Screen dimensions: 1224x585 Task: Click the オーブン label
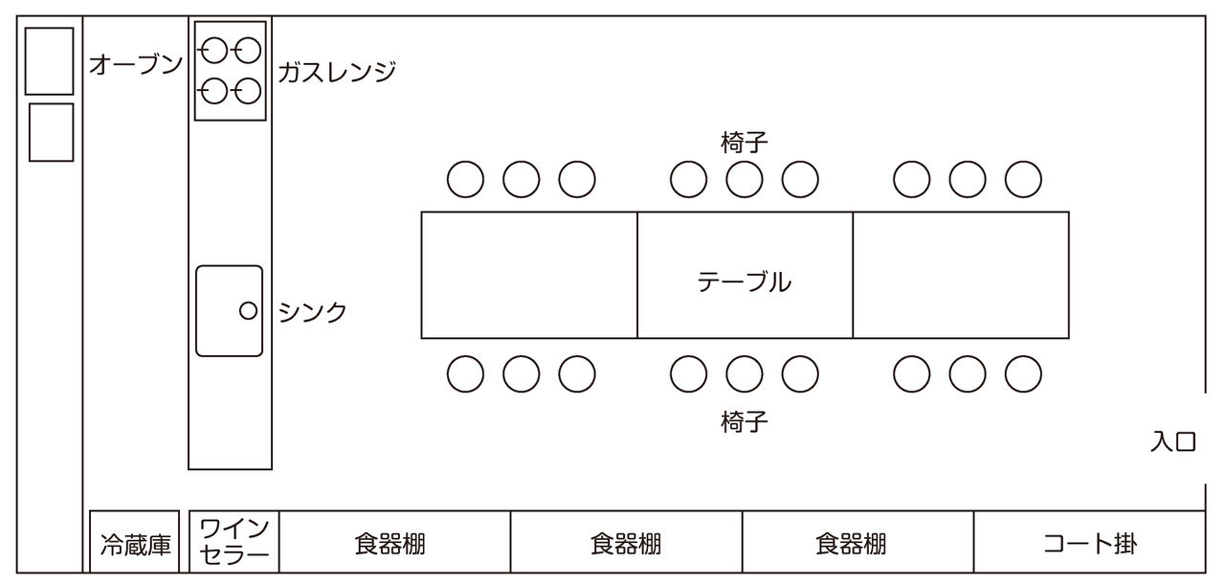(136, 64)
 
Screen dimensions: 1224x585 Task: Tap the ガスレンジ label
(337, 72)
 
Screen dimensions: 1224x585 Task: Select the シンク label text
(313, 312)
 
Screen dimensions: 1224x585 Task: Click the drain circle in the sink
(248, 310)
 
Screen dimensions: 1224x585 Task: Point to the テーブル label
(745, 281)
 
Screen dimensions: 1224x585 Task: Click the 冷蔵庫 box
(134, 541)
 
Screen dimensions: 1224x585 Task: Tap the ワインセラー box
(234, 541)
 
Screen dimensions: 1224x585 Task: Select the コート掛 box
(1090, 541)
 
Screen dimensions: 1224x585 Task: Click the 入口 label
(1173, 441)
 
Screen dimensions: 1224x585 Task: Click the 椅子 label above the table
(745, 143)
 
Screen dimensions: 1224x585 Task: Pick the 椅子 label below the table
(745, 421)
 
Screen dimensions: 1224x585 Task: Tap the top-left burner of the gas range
(213, 51)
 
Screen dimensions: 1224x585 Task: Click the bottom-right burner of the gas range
(248, 90)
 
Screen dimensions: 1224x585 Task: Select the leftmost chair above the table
(465, 179)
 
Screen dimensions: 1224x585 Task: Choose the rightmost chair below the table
(1023, 374)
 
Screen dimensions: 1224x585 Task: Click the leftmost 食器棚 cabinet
(394, 541)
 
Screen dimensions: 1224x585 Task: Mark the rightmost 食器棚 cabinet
(857, 541)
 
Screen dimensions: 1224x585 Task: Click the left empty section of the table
(529, 275)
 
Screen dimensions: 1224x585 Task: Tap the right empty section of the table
(961, 275)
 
